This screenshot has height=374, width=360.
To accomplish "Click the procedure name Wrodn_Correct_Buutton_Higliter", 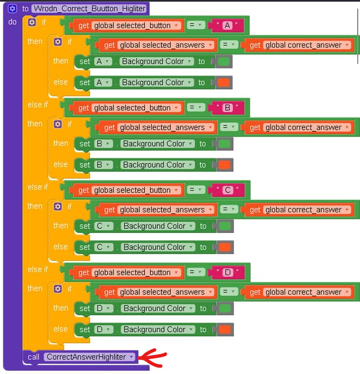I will coord(90,9).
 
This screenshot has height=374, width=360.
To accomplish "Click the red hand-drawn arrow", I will coord(153,359).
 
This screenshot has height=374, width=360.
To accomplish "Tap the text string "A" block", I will coord(227,25).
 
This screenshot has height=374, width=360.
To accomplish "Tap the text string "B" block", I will coord(227,107).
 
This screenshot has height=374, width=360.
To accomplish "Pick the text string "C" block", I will coord(227,190).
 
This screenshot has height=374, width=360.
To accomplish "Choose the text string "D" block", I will coord(227,272).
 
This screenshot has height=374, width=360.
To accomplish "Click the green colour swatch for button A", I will coord(224,62).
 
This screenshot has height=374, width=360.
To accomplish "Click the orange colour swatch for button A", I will coord(224,83).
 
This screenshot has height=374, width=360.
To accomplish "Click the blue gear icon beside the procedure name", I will coord(13,9).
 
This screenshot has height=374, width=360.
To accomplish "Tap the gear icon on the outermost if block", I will coord(31,22).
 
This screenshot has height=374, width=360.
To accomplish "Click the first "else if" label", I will coord(38,104).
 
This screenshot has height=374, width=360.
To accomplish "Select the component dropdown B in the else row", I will coord(103,165).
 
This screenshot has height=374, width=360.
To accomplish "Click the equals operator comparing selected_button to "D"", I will coord(197,272).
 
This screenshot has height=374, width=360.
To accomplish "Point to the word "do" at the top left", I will coord(12,22).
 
